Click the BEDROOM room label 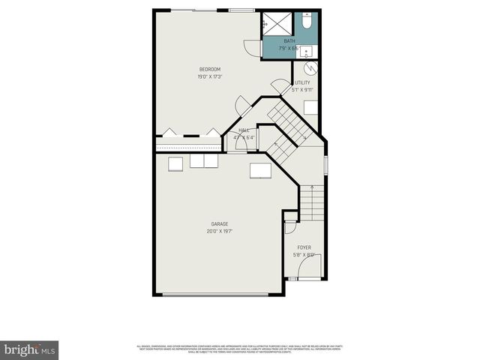(209, 69)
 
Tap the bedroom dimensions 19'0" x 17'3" (209, 76)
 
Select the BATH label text (289, 41)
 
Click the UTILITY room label (302, 82)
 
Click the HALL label (244, 130)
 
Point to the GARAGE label (220, 223)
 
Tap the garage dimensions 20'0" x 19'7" (220, 231)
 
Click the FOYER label (304, 247)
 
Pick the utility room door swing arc (279, 86)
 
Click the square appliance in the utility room (310, 105)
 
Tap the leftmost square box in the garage (175, 163)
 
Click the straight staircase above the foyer (311, 202)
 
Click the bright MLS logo (29, 349)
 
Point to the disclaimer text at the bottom (239, 349)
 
